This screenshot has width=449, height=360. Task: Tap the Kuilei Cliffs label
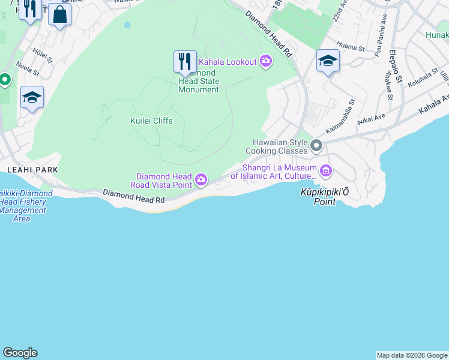coord(151,121)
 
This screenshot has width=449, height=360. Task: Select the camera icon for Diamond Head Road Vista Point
coord(201,179)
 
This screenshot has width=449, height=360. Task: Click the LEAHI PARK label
coord(32,170)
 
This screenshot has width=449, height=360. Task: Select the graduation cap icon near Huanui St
coord(328,61)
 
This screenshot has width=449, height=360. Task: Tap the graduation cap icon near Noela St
coord(32,98)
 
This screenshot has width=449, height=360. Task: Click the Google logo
coord(20,353)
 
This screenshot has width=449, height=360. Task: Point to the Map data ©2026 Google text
coord(412,355)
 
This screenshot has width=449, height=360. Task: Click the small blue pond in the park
coord(127,25)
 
